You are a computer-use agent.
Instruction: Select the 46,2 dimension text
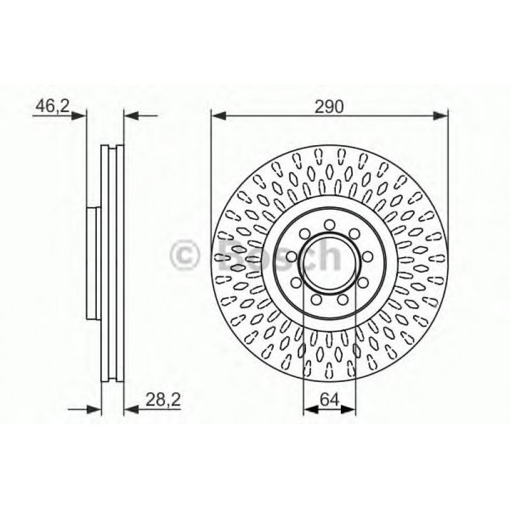[x=52, y=106]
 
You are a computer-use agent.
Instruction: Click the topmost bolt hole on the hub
[x=329, y=224]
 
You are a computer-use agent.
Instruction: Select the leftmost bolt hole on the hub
[x=291, y=257]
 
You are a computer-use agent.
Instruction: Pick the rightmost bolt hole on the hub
[x=367, y=257]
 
